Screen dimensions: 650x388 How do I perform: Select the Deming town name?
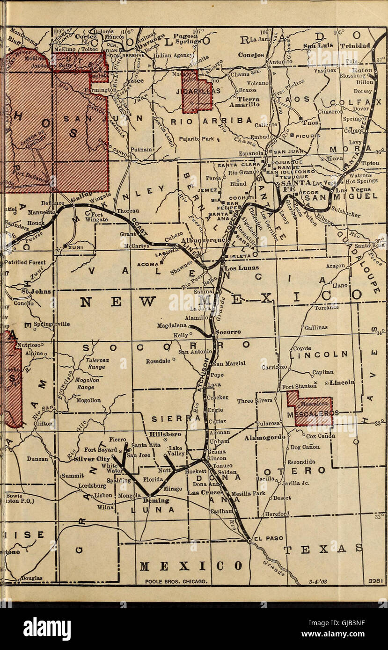coord(155,500)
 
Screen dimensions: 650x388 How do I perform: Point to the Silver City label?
coord(92,459)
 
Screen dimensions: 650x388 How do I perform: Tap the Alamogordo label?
coord(264,438)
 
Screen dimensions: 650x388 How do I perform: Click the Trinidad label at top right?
coord(355,45)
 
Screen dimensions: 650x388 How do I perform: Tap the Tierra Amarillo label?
coord(248,102)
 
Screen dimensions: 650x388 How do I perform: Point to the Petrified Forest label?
coord(25,262)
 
